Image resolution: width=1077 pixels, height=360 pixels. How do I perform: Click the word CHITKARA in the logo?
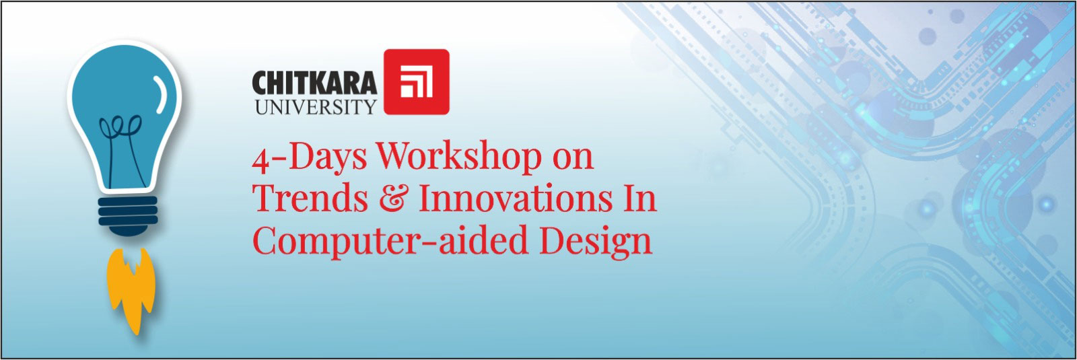coord(314,83)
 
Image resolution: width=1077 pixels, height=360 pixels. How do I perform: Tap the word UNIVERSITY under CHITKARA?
coord(316,107)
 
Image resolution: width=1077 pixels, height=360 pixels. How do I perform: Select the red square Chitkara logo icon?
coord(417,81)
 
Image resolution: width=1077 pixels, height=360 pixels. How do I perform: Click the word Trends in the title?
coord(310,198)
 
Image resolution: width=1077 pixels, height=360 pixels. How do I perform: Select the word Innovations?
coord(516,198)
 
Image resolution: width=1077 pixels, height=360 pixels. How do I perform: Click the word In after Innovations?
coord(639,198)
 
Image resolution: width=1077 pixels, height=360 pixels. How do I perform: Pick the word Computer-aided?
coord(391,240)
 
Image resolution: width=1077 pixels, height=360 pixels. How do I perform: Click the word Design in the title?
coord(596,240)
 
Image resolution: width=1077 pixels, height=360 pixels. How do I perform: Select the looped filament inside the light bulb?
coord(122,149)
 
